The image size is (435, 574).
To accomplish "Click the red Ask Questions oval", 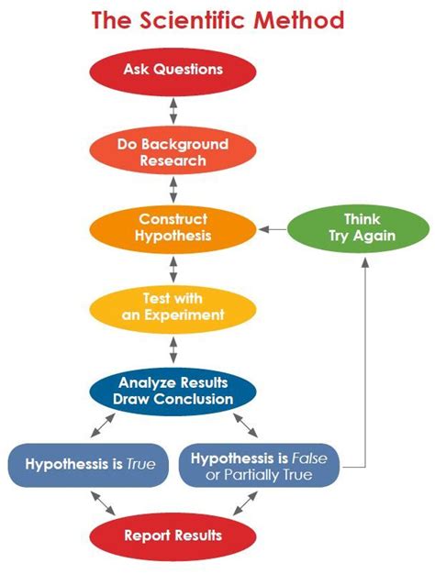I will click(173, 70).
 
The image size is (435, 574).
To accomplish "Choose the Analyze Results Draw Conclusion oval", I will click(173, 391).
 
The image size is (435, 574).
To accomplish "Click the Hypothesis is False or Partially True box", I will click(260, 465).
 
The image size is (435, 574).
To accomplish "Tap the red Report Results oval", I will click(173, 535).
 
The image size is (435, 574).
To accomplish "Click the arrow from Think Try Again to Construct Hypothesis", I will click(273, 228).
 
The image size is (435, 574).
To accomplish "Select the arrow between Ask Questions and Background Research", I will click(173, 110).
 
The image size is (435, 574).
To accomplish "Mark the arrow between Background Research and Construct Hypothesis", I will click(173, 190).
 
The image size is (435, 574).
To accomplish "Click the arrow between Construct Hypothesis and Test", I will click(173, 268).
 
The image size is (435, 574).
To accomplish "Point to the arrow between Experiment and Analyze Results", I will click(173, 348).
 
